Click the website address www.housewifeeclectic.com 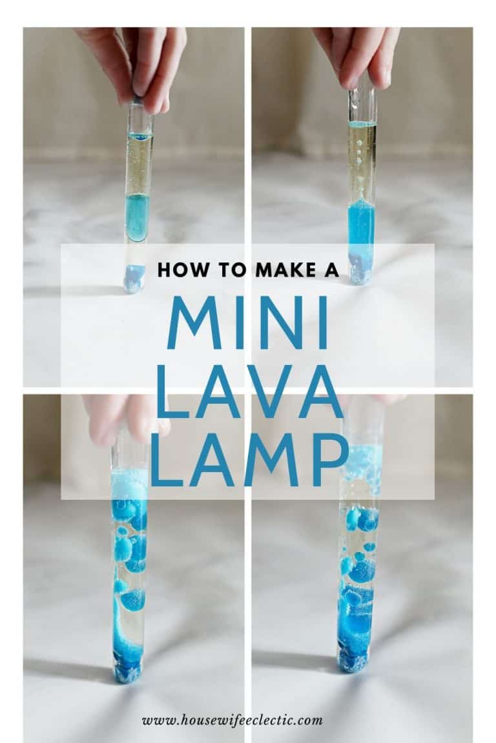tap(232, 720)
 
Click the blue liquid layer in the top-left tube tap(137, 216)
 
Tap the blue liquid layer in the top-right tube tap(361, 226)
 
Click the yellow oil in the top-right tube tap(362, 161)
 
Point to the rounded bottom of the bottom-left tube tap(127, 674)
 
